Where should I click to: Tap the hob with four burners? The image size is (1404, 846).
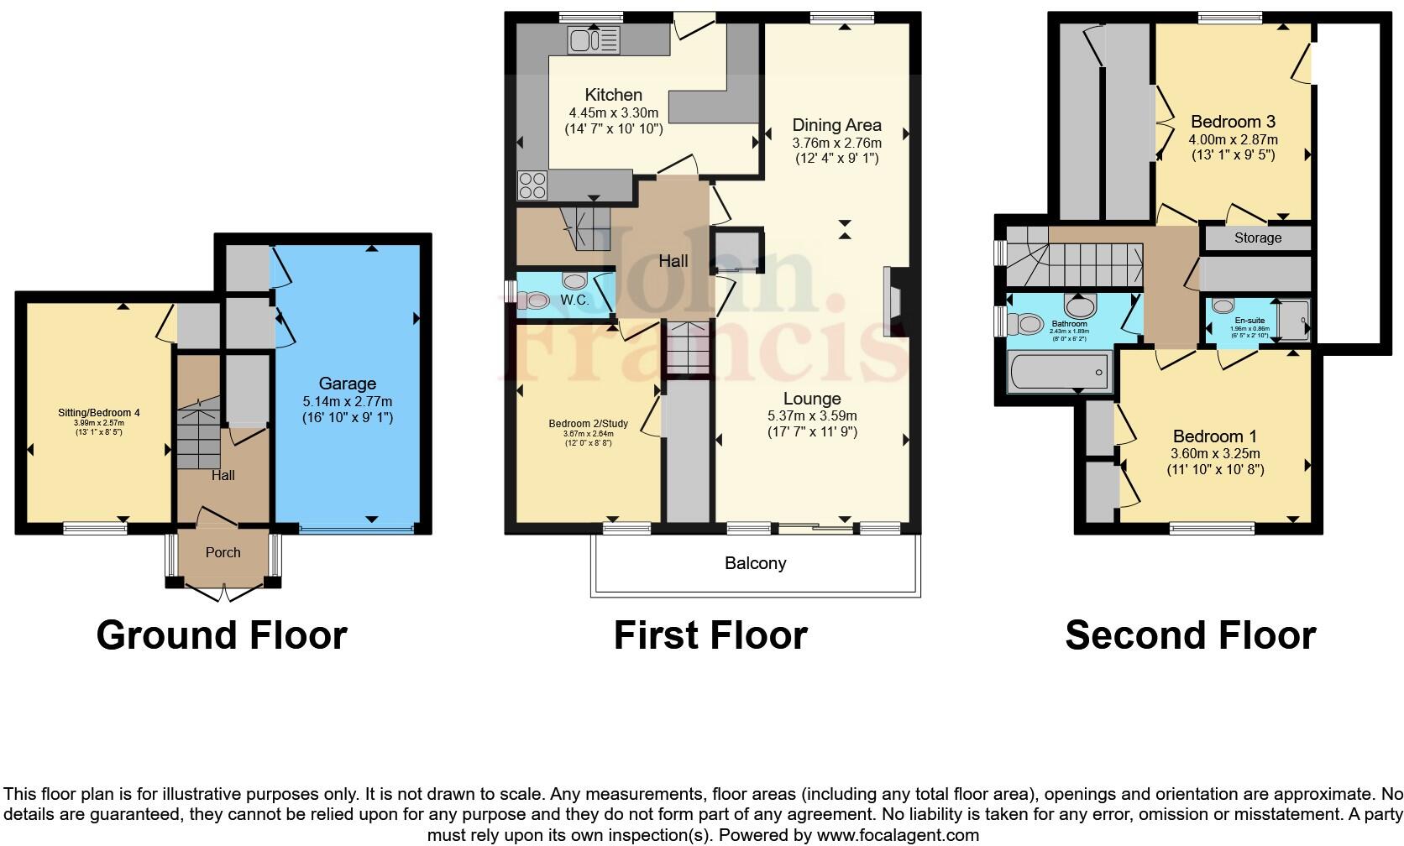click(532, 184)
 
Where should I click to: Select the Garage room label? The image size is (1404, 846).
click(347, 384)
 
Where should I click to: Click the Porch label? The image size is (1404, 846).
click(223, 552)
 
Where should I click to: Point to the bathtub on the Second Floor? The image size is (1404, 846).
click(1058, 371)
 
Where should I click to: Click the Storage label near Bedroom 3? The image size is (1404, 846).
click(1257, 238)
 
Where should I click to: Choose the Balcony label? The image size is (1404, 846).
click(755, 563)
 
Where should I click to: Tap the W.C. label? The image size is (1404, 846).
click(574, 300)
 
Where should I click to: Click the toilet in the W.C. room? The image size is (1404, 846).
click(534, 299)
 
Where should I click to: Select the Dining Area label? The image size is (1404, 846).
click(836, 125)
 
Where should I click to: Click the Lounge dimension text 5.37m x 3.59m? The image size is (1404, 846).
click(812, 416)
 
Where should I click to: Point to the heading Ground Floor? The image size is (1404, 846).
click(222, 635)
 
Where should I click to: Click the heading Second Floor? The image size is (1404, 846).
click(1190, 635)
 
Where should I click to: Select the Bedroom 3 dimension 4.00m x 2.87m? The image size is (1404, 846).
click(1233, 139)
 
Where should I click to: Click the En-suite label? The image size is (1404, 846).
click(1249, 321)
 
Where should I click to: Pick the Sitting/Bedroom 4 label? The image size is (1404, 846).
click(99, 413)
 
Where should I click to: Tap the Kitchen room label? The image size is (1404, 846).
click(613, 95)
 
